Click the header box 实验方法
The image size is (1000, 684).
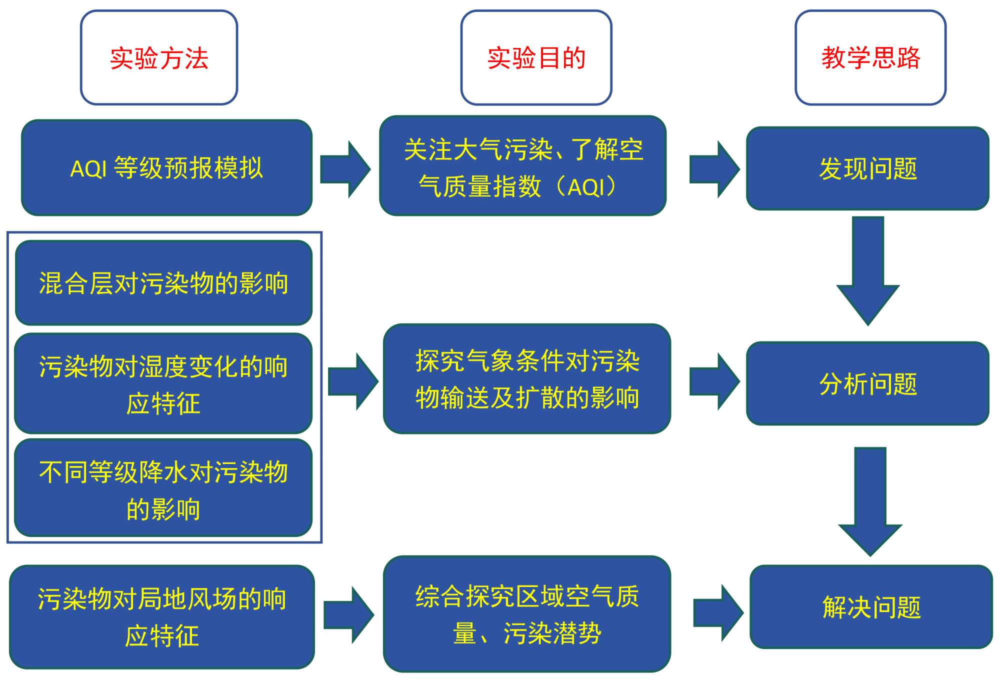159,57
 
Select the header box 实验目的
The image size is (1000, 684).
536,57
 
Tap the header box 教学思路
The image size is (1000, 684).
870,57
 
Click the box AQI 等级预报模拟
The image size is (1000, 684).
166,168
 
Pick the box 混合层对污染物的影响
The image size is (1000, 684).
163,283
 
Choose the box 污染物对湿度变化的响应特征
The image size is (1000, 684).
163,383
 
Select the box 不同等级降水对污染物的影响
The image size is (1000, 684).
163,488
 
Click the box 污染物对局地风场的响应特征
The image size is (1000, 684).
162,617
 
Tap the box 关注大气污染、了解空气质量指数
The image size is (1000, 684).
523,166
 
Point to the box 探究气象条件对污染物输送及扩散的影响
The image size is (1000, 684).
527,379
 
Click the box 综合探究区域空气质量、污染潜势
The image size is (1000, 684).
527,614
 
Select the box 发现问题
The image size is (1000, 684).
867,168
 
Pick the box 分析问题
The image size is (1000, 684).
867,383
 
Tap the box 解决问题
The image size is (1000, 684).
871,607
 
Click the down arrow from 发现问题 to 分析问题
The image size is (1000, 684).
868,270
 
